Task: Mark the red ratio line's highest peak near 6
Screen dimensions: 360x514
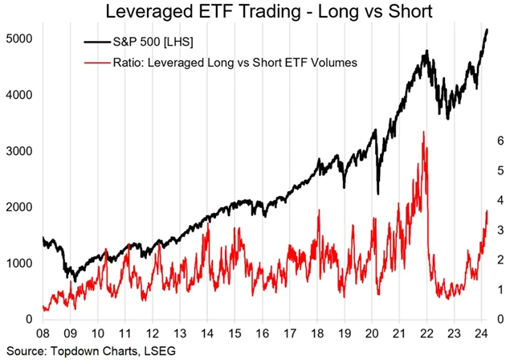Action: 422,133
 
